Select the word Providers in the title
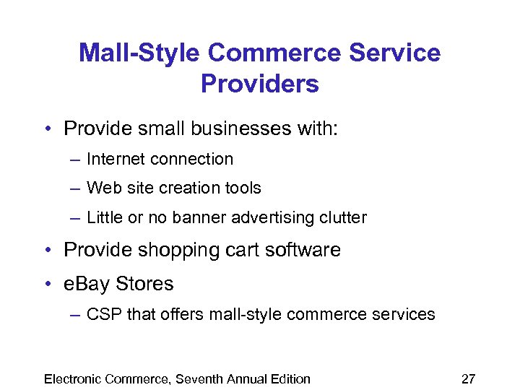(259, 84)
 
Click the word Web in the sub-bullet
(100, 188)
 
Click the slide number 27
(469, 379)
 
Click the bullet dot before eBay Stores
(47, 285)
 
